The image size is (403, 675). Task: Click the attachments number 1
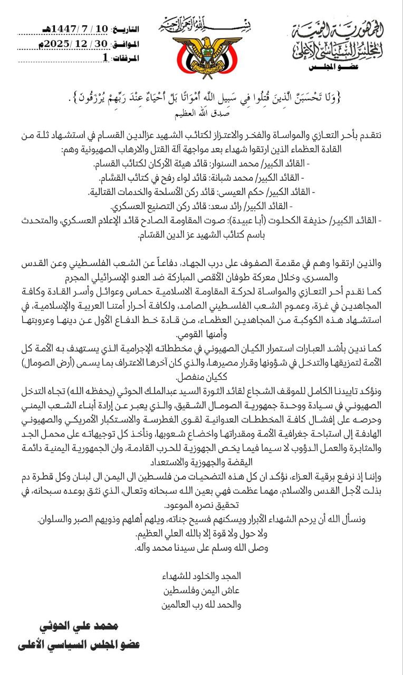coord(105,58)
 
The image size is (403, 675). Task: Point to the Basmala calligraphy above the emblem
coord(201,23)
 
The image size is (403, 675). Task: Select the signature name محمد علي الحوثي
coord(79,626)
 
